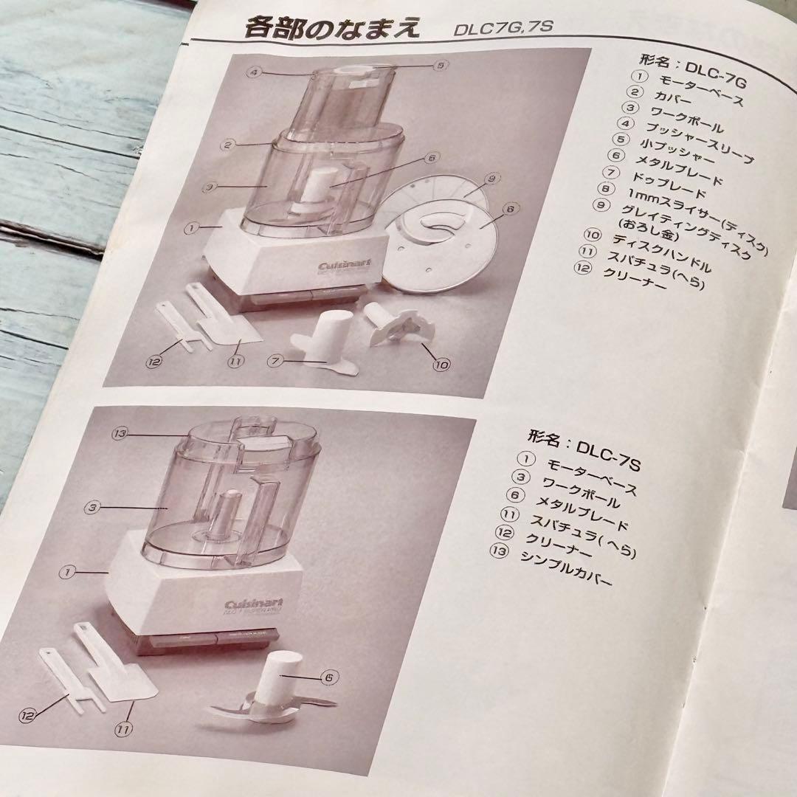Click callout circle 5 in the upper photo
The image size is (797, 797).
click(x=441, y=65)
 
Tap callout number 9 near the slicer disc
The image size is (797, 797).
click(x=493, y=178)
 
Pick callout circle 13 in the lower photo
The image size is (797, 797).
click(x=121, y=433)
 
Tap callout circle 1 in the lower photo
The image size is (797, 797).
click(x=68, y=571)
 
